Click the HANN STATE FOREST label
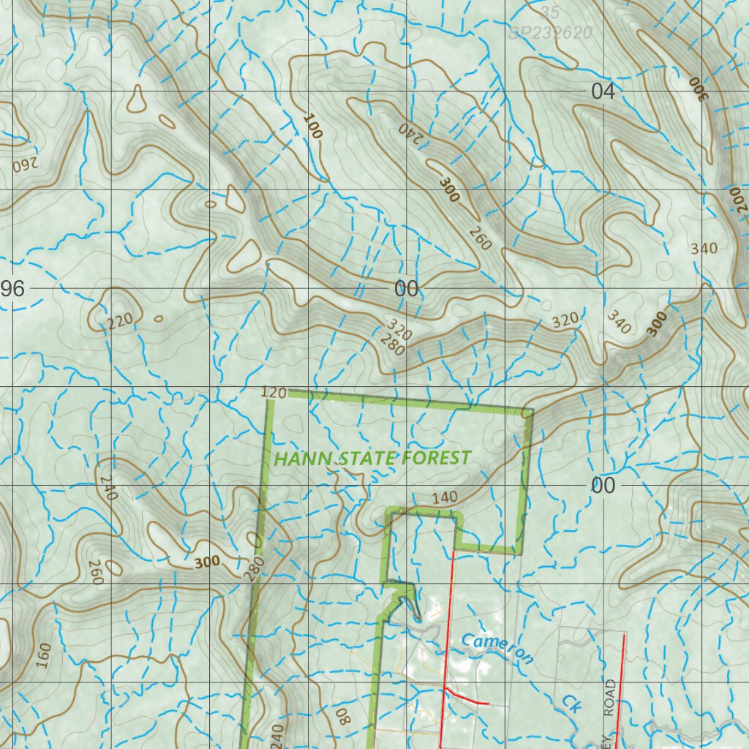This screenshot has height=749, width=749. (372, 459)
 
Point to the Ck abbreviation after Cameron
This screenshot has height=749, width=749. (571, 703)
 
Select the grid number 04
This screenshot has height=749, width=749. (603, 91)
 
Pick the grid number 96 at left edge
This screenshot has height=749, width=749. (12, 289)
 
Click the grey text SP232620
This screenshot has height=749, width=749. (551, 33)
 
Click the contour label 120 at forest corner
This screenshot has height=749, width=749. (273, 394)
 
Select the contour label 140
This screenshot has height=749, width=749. (444, 497)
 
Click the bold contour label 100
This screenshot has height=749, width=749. (312, 127)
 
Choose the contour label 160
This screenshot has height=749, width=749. (43, 657)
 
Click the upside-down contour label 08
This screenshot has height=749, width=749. (344, 715)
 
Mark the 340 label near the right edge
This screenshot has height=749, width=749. (704, 249)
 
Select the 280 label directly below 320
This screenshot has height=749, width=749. (394, 347)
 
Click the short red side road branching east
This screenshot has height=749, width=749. (466, 696)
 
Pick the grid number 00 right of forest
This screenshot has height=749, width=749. (603, 486)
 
